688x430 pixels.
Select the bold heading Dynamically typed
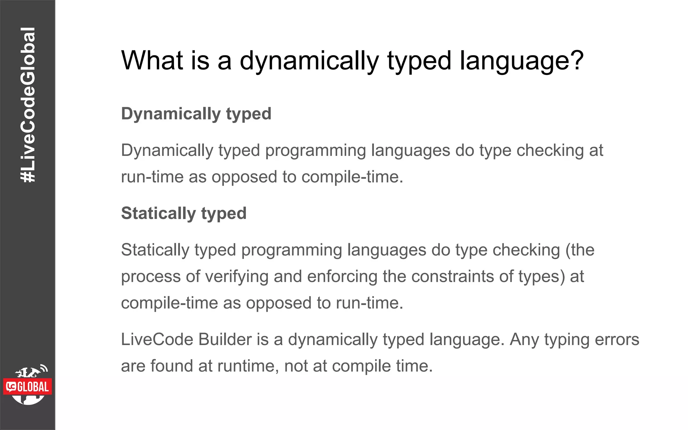(196, 114)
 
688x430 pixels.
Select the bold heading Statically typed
(184, 213)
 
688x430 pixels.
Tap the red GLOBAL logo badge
(28, 387)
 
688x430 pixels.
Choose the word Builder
(225, 340)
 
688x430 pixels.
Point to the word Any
(524, 340)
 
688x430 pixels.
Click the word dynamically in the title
(309, 61)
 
